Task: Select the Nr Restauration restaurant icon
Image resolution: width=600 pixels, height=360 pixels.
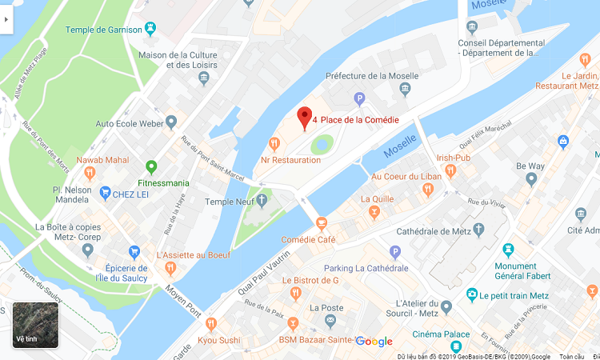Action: pos(274,144)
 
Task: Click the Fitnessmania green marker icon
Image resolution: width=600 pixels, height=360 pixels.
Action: pos(151,167)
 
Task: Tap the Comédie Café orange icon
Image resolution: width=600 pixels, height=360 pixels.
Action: pos(322,223)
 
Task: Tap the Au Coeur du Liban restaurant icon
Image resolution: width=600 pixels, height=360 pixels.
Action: pos(428,190)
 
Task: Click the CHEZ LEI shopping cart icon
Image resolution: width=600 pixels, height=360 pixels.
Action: pos(105,193)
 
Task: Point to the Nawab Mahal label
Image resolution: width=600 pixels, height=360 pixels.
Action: pos(102,160)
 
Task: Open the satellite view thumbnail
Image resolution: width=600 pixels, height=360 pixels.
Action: pos(35,325)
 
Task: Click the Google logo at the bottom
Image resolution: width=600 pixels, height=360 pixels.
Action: pos(374,342)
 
